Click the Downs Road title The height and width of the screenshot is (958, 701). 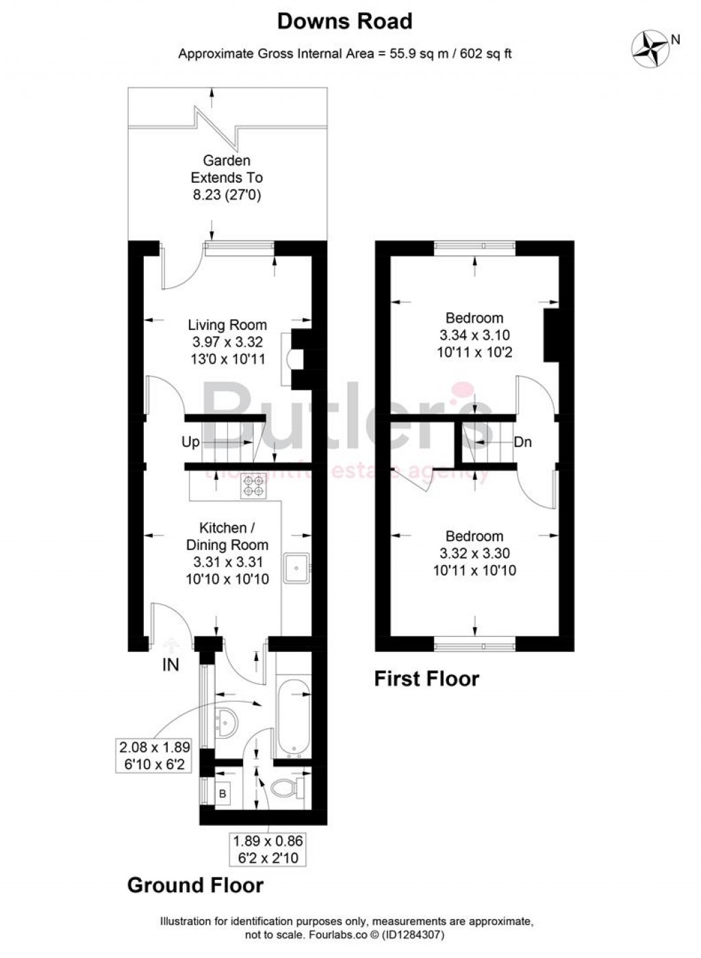point(344,22)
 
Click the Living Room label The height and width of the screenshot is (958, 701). point(227,325)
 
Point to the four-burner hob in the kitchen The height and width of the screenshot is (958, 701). point(253,486)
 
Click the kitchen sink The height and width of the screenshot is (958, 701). point(298,567)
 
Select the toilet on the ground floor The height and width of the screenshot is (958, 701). point(287,787)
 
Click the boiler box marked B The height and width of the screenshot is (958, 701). point(223,794)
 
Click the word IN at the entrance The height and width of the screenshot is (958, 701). point(170,664)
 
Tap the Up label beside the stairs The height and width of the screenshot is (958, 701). point(190,442)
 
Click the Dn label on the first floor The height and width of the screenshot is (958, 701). point(522,442)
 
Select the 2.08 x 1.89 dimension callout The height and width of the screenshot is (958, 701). point(154,755)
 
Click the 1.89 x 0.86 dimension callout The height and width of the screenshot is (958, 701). point(268,849)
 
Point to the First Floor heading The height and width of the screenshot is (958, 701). point(426,679)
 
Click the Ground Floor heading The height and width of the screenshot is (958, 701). point(195,885)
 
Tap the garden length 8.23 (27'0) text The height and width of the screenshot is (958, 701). point(227,195)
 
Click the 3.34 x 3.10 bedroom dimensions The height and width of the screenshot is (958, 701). point(474,335)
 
